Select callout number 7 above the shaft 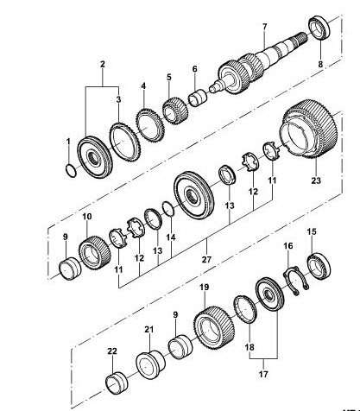264,27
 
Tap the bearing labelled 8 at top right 319,28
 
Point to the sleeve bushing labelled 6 198,98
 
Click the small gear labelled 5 175,111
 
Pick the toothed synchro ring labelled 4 150,125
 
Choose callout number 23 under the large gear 316,180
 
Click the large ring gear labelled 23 309,129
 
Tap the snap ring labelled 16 295,281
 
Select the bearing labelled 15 319,267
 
